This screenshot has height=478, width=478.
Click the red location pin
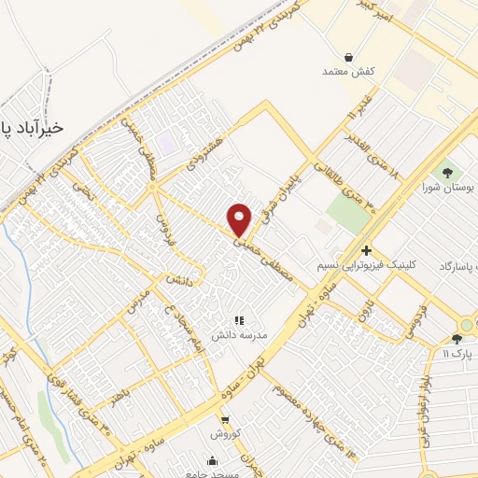(240, 218)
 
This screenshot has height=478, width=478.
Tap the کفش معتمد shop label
(347, 72)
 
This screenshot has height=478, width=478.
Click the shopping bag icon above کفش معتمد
(348, 57)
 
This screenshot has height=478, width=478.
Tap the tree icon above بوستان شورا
(446, 172)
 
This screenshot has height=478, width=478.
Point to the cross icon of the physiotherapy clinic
(366, 250)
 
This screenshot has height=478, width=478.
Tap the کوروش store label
(225, 434)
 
